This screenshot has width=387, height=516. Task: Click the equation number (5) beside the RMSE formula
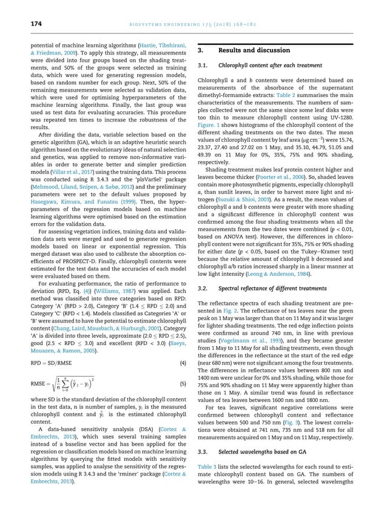(x=183, y=384)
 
